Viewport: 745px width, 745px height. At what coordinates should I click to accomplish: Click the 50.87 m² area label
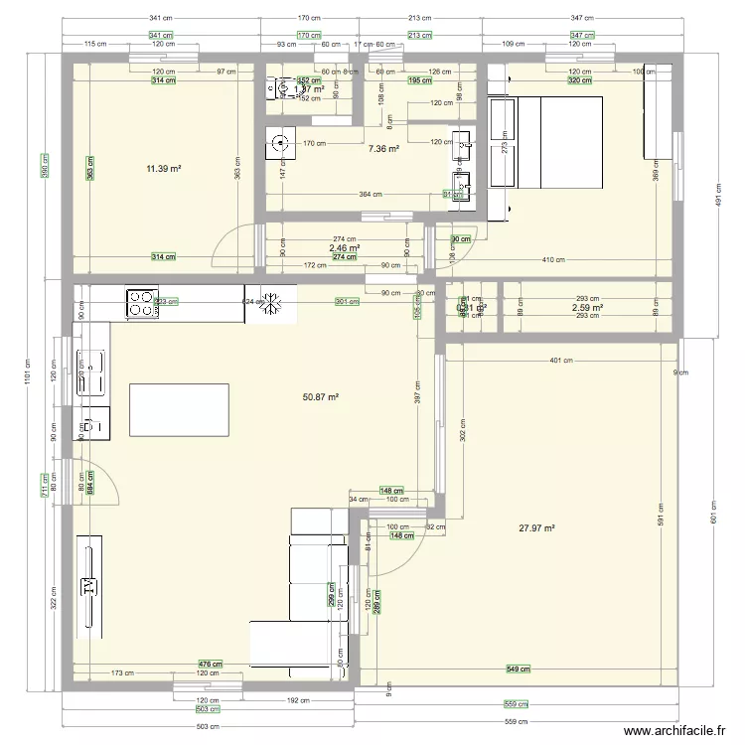coord(321,396)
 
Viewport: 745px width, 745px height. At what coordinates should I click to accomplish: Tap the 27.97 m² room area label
coord(536,528)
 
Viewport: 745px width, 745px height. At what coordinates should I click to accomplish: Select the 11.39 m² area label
coord(164,169)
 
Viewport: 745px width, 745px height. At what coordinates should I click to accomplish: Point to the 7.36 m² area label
coord(383,149)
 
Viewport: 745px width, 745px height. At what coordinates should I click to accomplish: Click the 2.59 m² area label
coord(588,308)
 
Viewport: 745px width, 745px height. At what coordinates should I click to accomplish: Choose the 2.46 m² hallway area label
coord(345,248)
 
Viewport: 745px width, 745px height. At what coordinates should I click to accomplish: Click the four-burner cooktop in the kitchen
coord(141,302)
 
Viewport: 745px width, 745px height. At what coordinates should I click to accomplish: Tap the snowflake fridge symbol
coord(271,304)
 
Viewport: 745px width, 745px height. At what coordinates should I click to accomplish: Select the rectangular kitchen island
coord(179,410)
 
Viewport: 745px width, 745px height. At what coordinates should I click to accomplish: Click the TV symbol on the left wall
coord(88,585)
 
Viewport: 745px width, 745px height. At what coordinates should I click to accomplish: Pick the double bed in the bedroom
coord(556,142)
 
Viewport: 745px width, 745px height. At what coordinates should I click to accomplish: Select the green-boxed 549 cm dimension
coord(518,669)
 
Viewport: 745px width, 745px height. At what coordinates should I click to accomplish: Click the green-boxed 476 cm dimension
coord(210,665)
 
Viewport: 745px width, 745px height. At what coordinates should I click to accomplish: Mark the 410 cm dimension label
coord(553,260)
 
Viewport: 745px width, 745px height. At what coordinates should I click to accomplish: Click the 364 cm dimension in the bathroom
coord(370,194)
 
